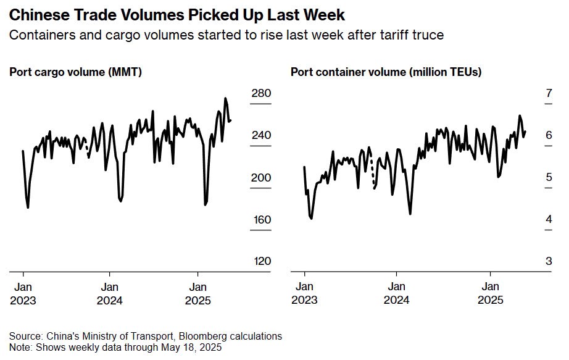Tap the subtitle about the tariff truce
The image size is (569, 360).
coord(226,35)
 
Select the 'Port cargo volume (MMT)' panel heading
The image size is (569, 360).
coord(76,72)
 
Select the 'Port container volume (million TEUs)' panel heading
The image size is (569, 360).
coord(386,72)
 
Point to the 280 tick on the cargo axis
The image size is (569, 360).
coord(261,93)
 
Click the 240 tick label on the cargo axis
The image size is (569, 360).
coord(261,135)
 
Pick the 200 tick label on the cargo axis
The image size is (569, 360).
coord(261,177)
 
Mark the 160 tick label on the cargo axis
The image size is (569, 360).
coord(261,219)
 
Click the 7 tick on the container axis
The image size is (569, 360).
coord(548,93)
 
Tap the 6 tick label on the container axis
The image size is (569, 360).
coord(548,135)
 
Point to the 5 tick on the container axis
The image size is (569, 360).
coord(548,177)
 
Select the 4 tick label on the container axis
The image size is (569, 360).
coord(548,219)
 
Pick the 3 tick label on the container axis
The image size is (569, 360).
coord(548,261)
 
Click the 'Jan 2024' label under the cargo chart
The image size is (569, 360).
coord(109,293)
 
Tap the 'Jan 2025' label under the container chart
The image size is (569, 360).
coord(491,293)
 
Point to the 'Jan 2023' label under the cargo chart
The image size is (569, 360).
coord(23,293)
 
